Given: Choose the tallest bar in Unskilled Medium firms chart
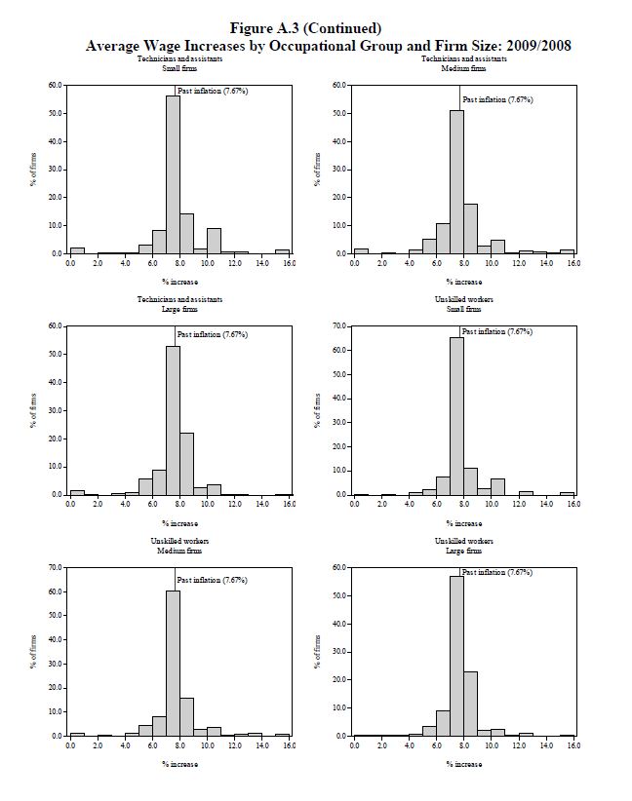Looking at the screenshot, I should (173, 664).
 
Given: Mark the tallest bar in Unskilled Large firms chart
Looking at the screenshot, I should (456, 656).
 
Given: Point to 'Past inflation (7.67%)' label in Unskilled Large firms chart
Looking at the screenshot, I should (497, 573).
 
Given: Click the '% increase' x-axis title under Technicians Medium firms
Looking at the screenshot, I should (464, 282).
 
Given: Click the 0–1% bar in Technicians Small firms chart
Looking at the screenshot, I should (77, 250).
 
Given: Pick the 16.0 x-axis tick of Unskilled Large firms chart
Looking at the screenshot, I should (573, 745).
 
